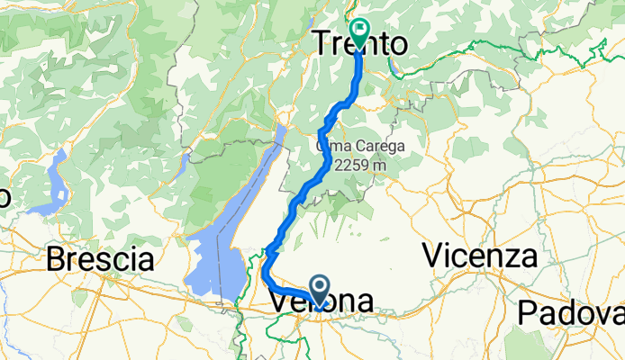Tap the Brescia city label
coord(99,260)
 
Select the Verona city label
coord(322,303)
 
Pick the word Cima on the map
coord(331,146)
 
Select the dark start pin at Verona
coord(320,289)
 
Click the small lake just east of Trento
coord(394,66)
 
